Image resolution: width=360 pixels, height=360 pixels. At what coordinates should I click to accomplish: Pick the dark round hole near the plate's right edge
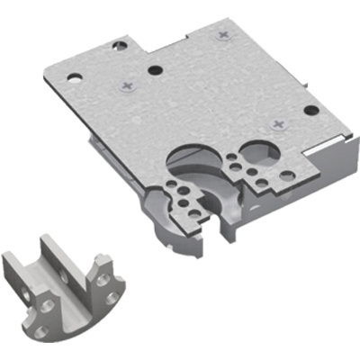(x=310, y=112)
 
